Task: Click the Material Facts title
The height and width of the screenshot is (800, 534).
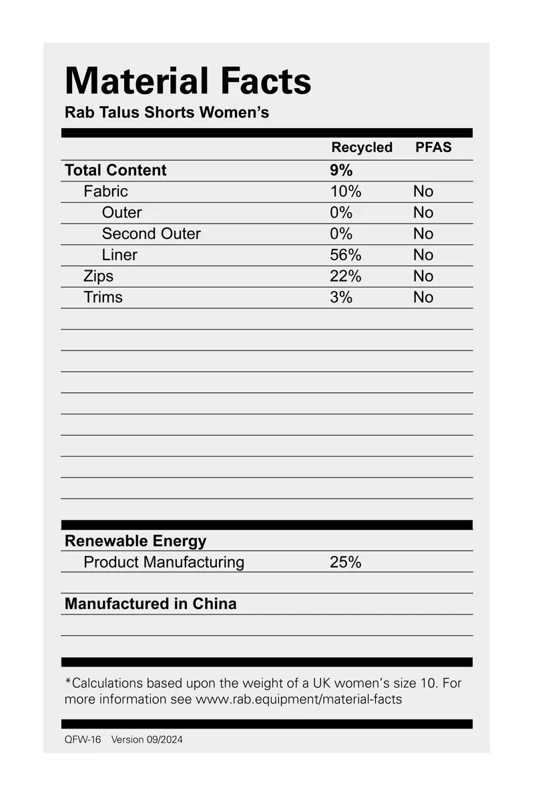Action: [188, 81]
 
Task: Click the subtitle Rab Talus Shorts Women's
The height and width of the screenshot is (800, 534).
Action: [167, 112]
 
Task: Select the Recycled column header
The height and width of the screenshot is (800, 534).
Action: [362, 147]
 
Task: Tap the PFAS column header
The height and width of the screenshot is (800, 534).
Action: [433, 147]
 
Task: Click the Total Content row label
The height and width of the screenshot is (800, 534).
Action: [115, 170]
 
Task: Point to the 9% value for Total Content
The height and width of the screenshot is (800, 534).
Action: [341, 170]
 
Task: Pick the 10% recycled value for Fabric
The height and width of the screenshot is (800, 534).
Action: [345, 191]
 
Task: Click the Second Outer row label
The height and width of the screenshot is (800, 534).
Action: [151, 234]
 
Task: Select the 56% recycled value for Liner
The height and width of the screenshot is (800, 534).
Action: [345, 255]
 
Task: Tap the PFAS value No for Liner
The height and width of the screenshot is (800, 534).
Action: [423, 255]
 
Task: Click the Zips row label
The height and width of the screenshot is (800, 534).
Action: [98, 276]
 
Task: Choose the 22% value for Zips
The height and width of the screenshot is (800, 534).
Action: [345, 276]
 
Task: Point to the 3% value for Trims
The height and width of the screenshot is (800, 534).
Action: [340, 298]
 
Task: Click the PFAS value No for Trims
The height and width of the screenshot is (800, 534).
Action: [423, 298]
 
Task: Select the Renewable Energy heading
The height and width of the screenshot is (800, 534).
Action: [136, 541]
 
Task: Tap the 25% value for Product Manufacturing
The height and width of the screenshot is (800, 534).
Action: [345, 562]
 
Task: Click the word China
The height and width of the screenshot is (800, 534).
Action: [214, 604]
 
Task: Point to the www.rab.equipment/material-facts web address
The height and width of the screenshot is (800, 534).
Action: [298, 699]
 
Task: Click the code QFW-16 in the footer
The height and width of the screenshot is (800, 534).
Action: [83, 739]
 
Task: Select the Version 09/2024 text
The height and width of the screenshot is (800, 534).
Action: [147, 739]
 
